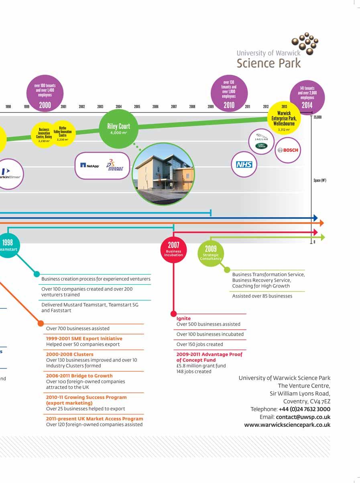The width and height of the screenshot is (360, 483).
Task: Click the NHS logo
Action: click(244, 165)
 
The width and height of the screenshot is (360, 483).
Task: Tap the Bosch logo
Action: click(288, 150)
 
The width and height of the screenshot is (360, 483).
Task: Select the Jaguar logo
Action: click(261, 137)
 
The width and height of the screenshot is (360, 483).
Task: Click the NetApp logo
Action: click(89, 165)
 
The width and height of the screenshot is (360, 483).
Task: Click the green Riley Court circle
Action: click(119, 128)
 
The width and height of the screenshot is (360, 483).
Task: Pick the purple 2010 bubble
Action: click(229, 94)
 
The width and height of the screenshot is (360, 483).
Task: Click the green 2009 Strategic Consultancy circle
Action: click(211, 253)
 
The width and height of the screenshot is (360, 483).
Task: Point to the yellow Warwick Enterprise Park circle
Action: click(284, 118)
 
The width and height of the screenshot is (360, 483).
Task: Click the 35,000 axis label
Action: click(317, 117)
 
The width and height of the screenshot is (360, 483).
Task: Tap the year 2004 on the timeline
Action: click(119, 107)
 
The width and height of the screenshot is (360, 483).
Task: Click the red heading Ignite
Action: click(184, 318)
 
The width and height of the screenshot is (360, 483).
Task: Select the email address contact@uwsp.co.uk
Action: click(303, 417)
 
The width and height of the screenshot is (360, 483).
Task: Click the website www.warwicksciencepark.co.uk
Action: click(287, 425)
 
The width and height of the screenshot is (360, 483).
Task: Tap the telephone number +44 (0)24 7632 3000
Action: click(305, 409)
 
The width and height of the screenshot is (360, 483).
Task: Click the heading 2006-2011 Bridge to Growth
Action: click(79, 376)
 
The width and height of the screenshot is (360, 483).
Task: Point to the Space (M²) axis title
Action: click(320, 181)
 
